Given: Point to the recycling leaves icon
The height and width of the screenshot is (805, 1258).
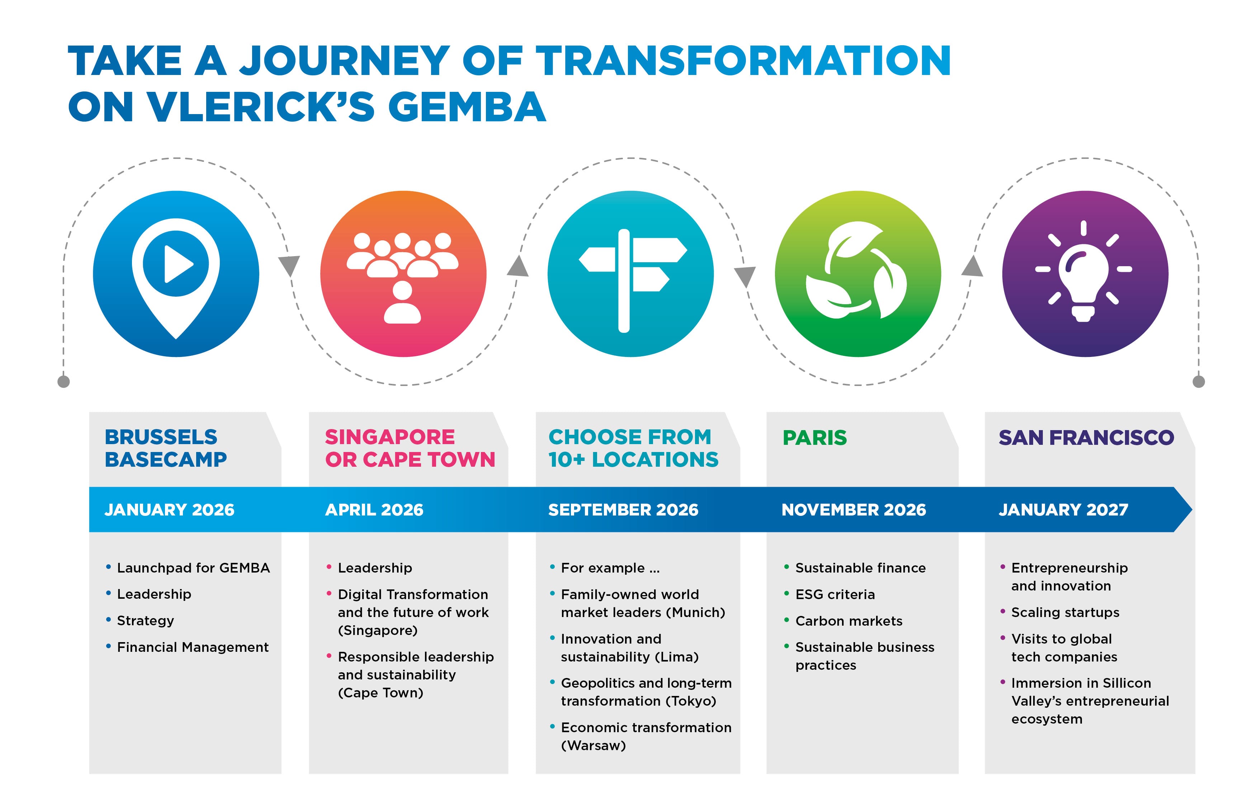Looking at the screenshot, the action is (856, 270).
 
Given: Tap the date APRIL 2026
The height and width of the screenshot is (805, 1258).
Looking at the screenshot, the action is (374, 510).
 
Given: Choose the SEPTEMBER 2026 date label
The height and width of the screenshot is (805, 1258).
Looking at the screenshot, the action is (623, 510).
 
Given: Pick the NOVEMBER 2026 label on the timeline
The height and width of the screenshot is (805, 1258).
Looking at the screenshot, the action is (853, 510).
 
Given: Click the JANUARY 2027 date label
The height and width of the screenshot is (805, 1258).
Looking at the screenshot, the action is (1063, 510).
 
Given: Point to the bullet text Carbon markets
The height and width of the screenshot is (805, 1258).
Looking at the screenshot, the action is (848, 621).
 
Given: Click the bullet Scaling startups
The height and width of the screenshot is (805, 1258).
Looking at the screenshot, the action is (1065, 613).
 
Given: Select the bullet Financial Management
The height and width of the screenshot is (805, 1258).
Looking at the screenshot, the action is (192, 648).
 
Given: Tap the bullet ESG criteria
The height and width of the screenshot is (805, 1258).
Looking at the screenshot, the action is (835, 594).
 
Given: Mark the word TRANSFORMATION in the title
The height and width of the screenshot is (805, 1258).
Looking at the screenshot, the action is (743, 61).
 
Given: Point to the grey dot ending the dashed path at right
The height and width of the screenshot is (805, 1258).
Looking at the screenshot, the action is (1198, 382).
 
